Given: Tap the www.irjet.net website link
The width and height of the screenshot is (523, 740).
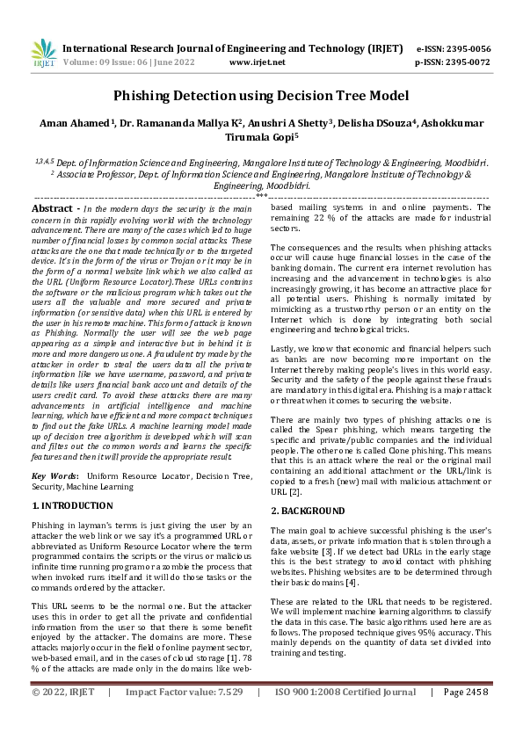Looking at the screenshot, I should click(257, 62).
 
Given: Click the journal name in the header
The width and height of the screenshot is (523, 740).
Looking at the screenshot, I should click(233, 48).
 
